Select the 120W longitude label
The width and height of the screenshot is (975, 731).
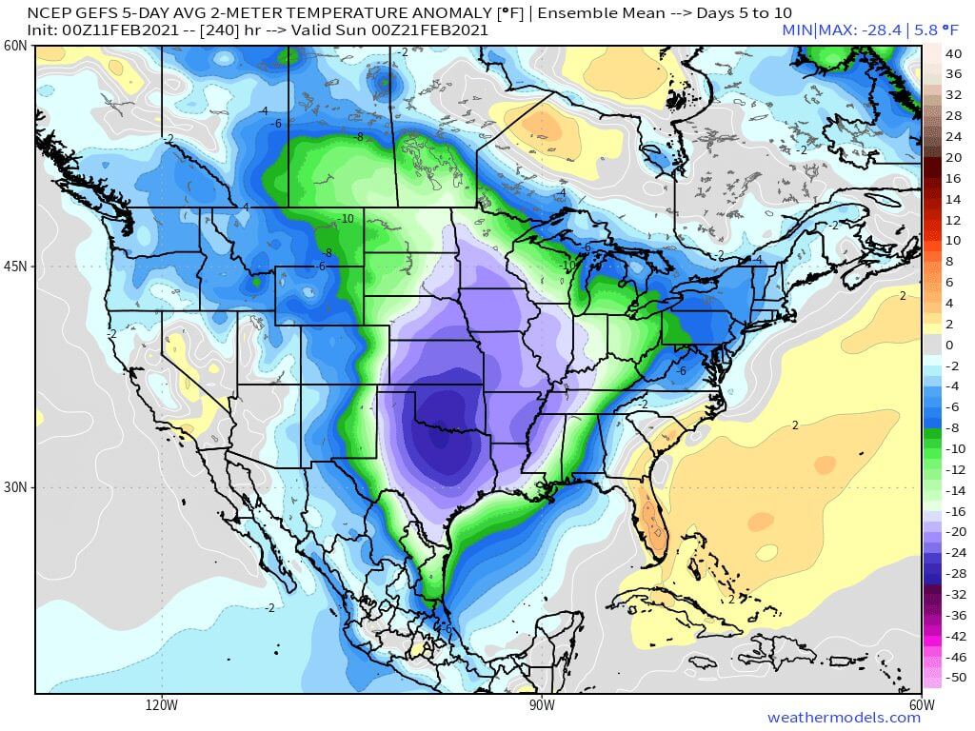pyautogui.click(x=162, y=705)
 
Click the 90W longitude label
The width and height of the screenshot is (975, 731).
pyautogui.click(x=542, y=705)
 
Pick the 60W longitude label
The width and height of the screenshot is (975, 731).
pyautogui.click(x=922, y=705)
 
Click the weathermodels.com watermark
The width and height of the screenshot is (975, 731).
pyautogui.click(x=844, y=718)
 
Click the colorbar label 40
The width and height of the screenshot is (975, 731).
pyautogui.click(x=953, y=52)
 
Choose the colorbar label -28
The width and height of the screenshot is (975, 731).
pyautogui.click(x=953, y=573)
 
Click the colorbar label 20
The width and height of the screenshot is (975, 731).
pyautogui.click(x=953, y=157)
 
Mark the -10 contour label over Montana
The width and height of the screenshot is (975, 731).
pyautogui.click(x=346, y=218)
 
